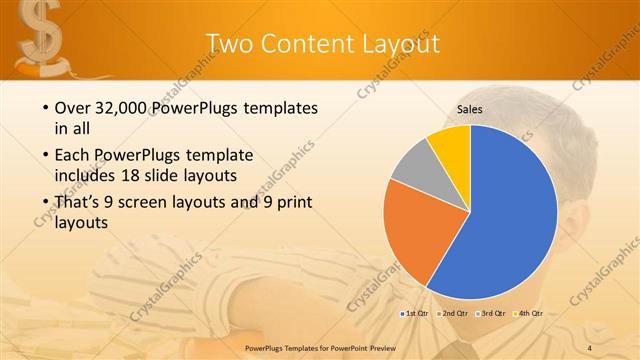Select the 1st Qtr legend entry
pyautogui.click(x=415, y=315)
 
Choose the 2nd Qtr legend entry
pyautogui.click(x=453, y=315)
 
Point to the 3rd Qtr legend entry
pyautogui.click(x=491, y=315)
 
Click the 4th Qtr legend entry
pyautogui.click(x=529, y=315)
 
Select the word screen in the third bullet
pyautogui.click(x=148, y=202)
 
